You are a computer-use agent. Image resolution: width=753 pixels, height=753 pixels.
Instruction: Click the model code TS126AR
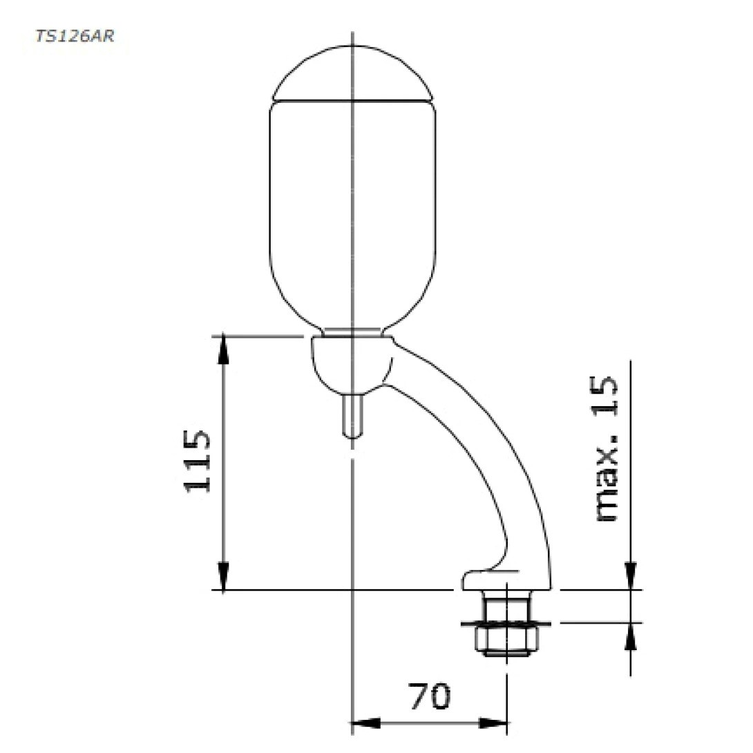(x=74, y=36)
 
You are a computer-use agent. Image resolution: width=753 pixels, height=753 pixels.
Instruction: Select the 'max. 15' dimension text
(x=606, y=449)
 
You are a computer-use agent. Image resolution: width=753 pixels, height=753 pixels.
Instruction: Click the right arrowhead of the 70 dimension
(x=494, y=723)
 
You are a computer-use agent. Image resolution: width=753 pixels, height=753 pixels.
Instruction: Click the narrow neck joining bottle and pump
(x=352, y=332)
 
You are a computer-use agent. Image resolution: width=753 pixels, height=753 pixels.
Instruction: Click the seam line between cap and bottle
(x=352, y=101)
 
